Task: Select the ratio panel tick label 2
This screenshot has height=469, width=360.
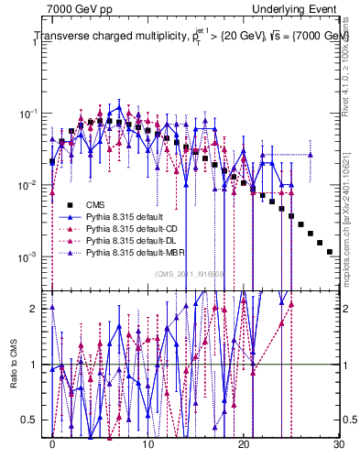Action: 37,309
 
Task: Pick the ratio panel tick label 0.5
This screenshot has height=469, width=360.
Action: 33,420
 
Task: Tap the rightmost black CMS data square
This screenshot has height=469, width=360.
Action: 330,251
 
